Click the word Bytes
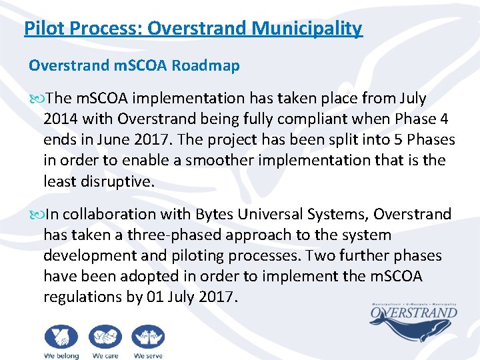click(x=214, y=215)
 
